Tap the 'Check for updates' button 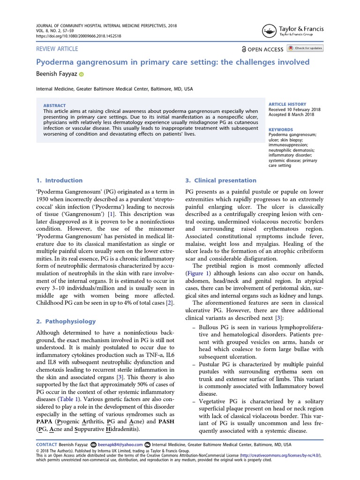pos(305,48)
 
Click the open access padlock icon pos(244,49)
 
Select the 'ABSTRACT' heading pos(54,105)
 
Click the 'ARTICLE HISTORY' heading pos(287,104)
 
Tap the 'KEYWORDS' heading pos(280,129)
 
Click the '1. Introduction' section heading pos(60,180)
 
